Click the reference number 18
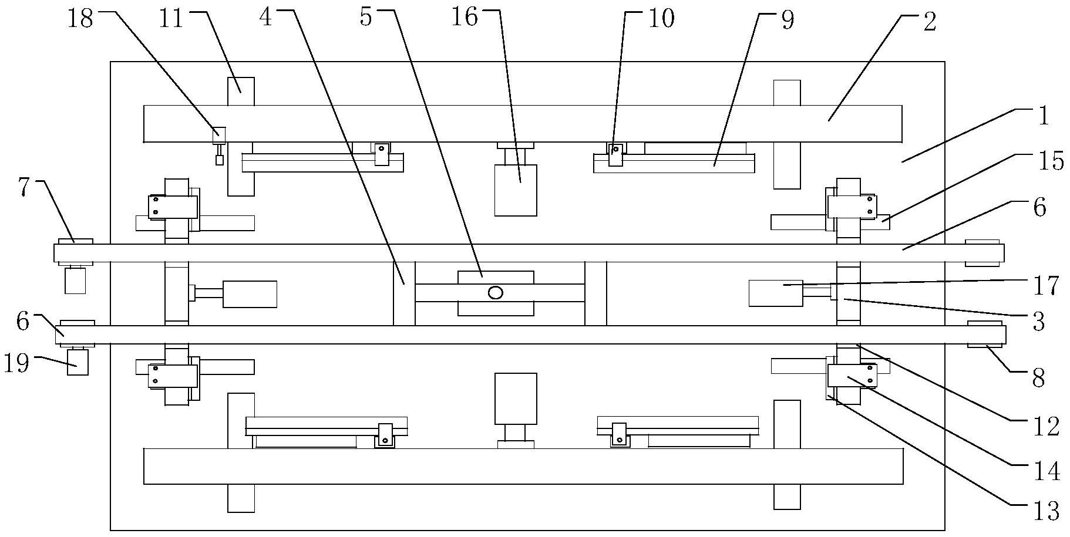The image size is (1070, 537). pyautogui.click(x=81, y=19)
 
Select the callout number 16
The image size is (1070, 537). pyautogui.click(x=464, y=18)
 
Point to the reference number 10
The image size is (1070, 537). pyautogui.click(x=661, y=19)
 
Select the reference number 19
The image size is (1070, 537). pyautogui.click(x=16, y=364)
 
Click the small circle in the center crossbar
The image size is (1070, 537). pyautogui.click(x=496, y=292)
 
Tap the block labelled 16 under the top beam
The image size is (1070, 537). pyautogui.click(x=516, y=190)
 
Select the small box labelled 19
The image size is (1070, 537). pyautogui.click(x=78, y=362)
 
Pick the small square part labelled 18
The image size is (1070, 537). pyautogui.click(x=218, y=135)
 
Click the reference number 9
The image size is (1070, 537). pyautogui.click(x=787, y=20)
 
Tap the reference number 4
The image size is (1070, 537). pyautogui.click(x=265, y=18)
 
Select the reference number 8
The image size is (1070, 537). pyautogui.click(x=1038, y=379)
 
